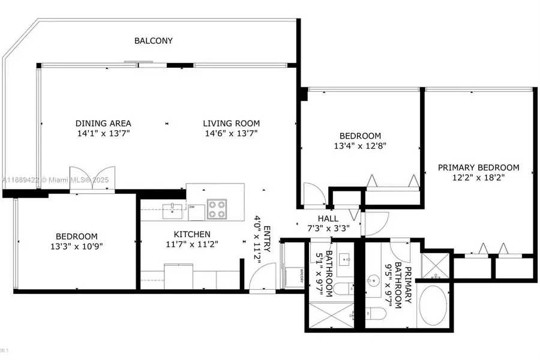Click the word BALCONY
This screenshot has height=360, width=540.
153,41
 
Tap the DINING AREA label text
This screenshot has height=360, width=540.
103,124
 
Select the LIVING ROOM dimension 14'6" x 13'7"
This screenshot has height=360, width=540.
231,134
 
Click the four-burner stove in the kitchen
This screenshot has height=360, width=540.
217,209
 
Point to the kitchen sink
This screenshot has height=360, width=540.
173,209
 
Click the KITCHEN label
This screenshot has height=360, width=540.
192,234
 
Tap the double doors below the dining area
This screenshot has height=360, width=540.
92,179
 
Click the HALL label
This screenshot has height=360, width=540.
328,218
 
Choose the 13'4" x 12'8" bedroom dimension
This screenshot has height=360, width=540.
361,146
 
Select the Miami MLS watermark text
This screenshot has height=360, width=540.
54,179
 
